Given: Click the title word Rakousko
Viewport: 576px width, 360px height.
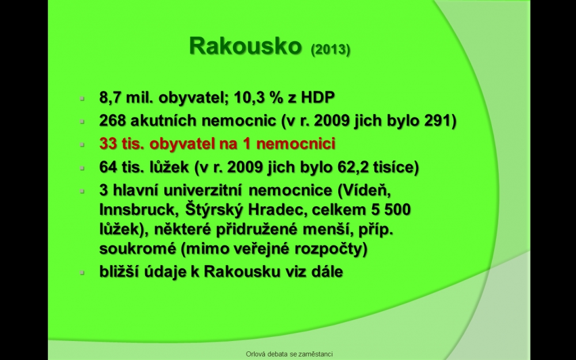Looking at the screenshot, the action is [245, 46].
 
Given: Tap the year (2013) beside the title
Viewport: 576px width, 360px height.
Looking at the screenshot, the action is [330, 49].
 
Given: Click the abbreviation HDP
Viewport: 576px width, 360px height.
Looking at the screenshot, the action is [318, 97].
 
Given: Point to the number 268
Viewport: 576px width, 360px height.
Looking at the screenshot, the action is [112, 120].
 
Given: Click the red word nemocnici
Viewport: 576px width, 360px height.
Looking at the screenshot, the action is [295, 143].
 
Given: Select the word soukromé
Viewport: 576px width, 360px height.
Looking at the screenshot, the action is [138, 249].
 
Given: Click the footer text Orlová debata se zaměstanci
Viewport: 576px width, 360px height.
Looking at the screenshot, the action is [289, 354].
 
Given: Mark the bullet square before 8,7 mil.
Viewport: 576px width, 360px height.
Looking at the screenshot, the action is [82, 98].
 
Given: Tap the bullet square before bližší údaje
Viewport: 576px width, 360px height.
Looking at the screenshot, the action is [82, 272].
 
